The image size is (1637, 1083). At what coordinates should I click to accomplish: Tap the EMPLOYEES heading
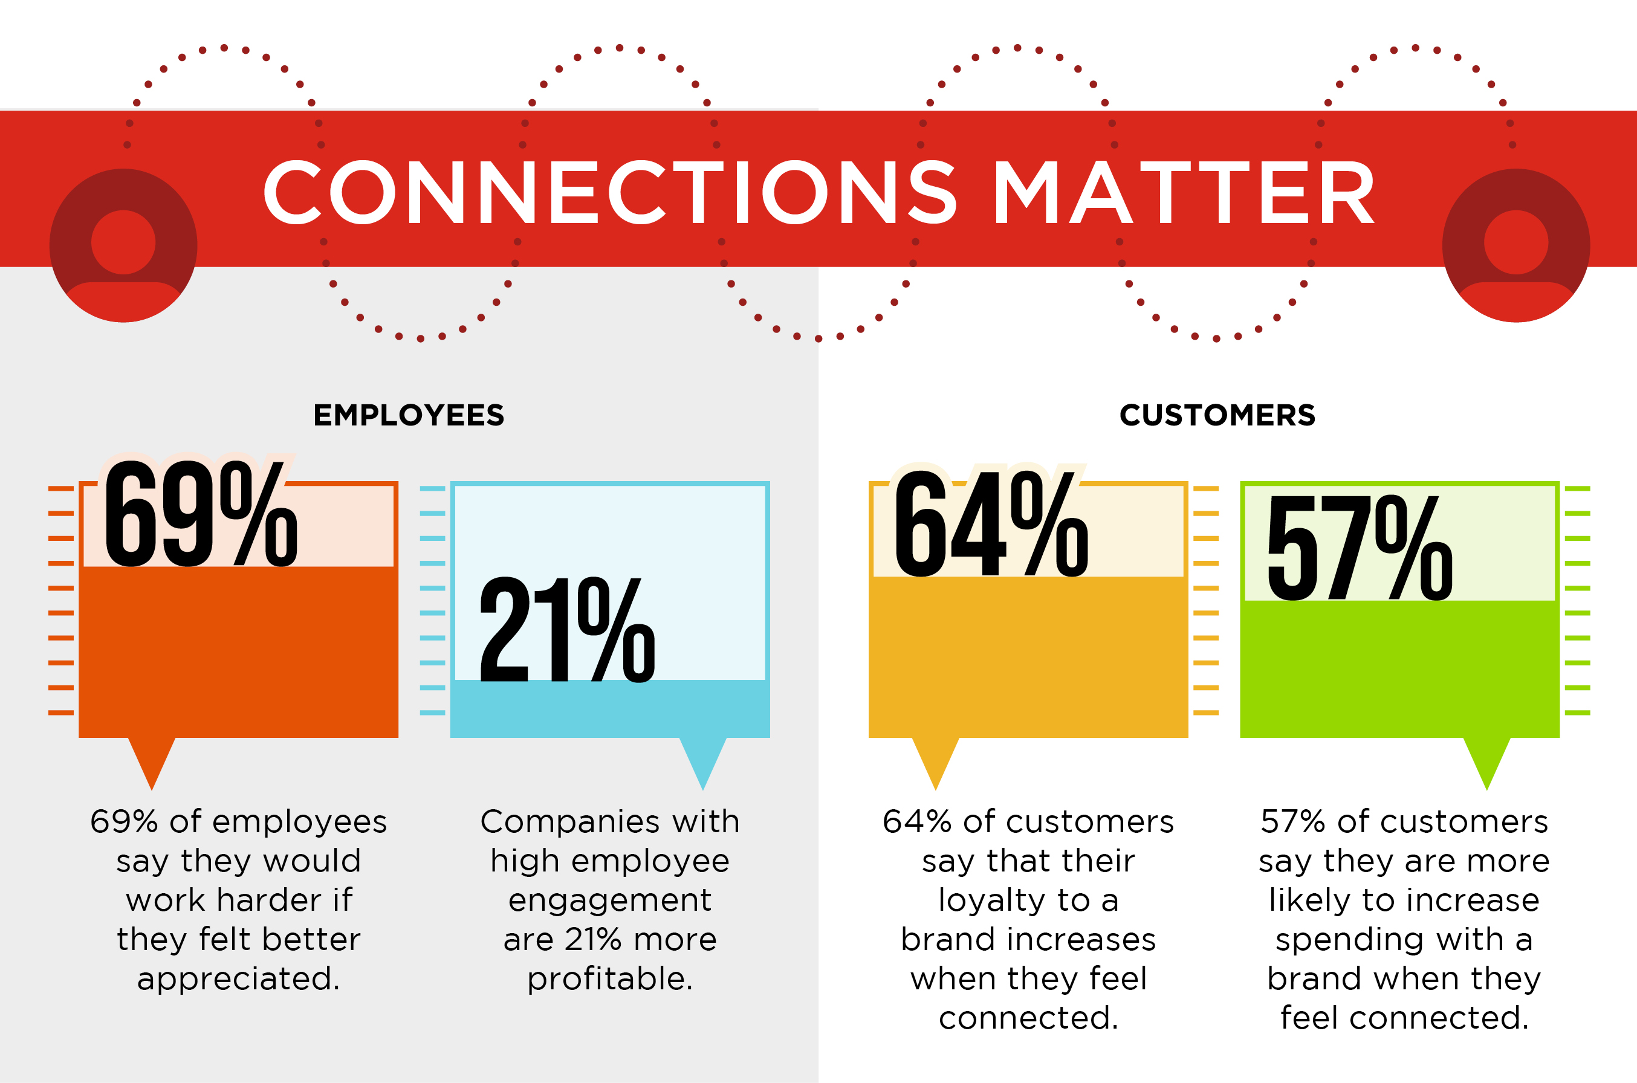[x=409, y=415]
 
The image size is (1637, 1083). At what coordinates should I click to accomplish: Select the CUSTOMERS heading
[x=1217, y=415]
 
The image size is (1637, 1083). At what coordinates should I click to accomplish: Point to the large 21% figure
[x=567, y=629]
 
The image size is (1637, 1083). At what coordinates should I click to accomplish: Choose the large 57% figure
[x=1360, y=548]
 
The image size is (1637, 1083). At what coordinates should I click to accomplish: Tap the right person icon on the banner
[x=1516, y=245]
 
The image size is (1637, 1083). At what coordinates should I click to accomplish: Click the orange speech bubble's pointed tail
[x=152, y=789]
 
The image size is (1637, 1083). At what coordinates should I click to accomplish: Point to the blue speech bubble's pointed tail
[x=703, y=789]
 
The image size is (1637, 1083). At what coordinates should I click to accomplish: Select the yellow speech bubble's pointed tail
[x=936, y=789]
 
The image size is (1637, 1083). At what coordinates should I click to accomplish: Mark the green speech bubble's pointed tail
[x=1487, y=789]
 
